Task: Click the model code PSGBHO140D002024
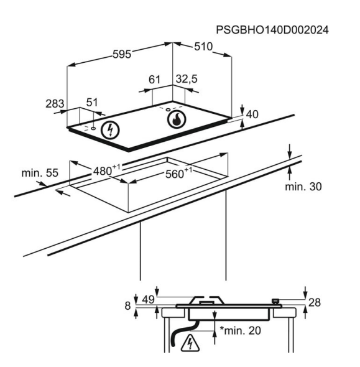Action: point(272,30)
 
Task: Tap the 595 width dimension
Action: point(122,54)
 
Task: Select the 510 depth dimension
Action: point(203,47)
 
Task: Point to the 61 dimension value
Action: point(154,80)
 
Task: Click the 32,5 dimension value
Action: point(187,79)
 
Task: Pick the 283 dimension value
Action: point(55,104)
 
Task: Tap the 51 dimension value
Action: point(92,102)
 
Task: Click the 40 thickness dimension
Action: point(252,114)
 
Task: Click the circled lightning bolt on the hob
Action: point(110,130)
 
